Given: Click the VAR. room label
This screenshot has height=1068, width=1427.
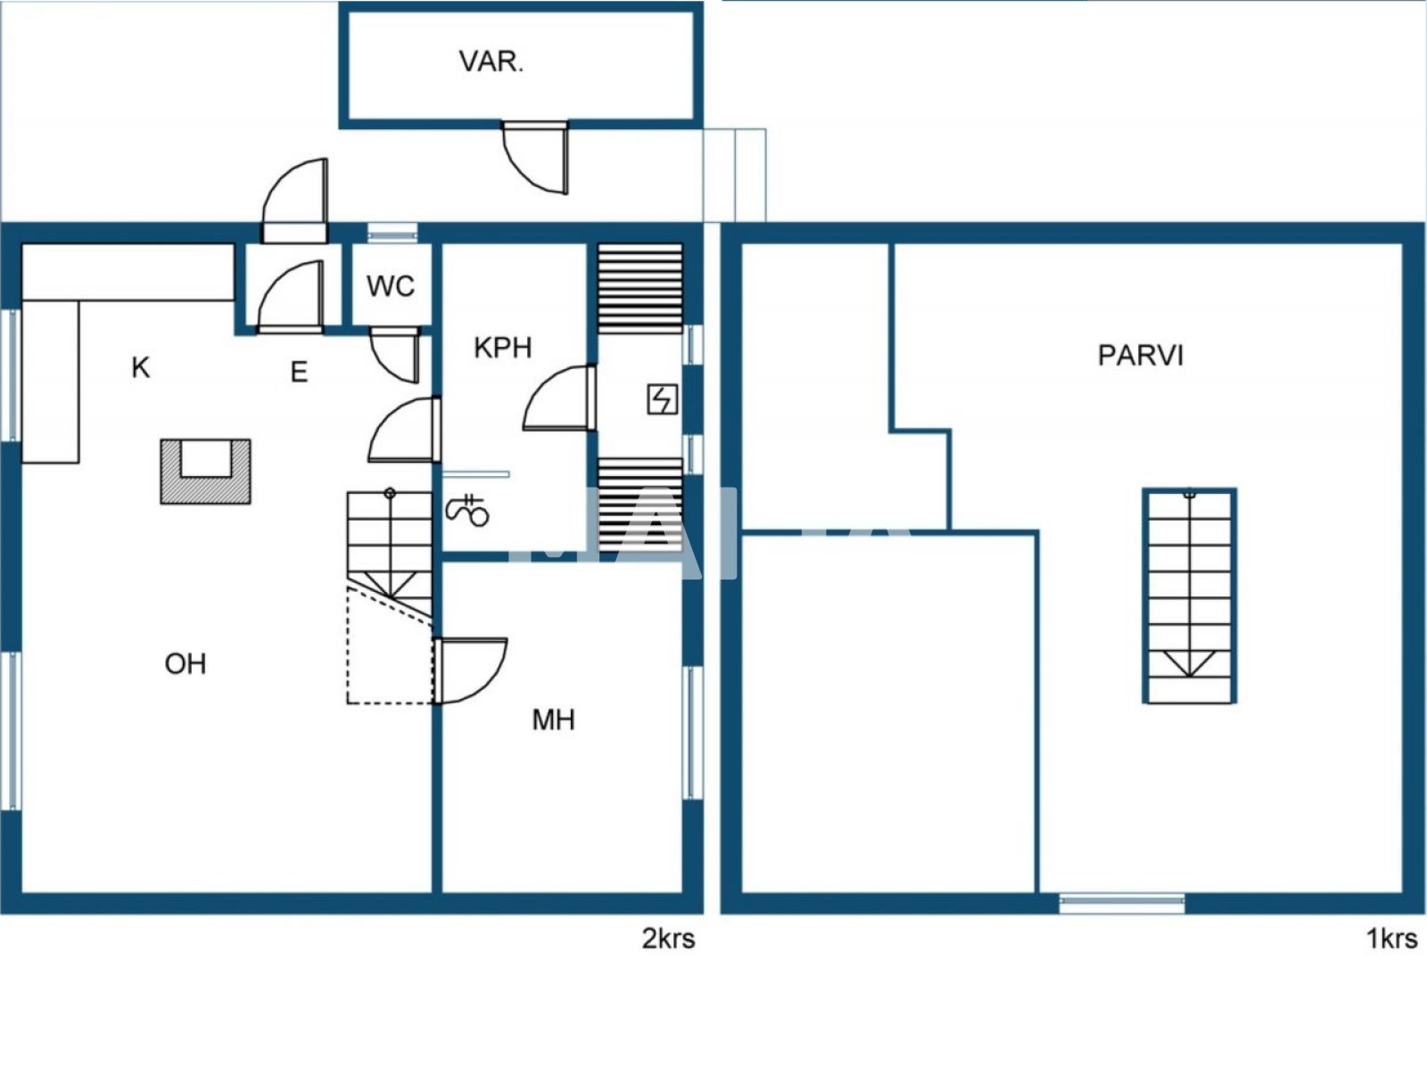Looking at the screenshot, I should (x=491, y=62).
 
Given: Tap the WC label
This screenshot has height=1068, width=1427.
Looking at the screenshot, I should (x=390, y=286).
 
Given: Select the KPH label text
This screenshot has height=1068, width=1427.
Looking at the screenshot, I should (x=502, y=348).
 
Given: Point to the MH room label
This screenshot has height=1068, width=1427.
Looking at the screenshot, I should (x=553, y=719).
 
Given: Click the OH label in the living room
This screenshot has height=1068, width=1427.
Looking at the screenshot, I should (x=186, y=663).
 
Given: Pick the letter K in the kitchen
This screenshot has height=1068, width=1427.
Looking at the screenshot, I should (x=140, y=367).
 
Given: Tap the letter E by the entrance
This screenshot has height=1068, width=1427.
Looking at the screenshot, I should (x=299, y=372).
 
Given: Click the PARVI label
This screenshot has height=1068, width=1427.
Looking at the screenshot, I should (x=1140, y=356).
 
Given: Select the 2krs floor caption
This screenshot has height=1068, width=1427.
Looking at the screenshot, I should (x=668, y=938).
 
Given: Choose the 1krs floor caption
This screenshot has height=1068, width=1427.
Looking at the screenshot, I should (x=1391, y=938).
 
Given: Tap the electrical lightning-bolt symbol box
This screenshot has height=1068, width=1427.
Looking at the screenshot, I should (x=662, y=398).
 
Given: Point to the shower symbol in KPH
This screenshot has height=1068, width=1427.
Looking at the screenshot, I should (x=467, y=510).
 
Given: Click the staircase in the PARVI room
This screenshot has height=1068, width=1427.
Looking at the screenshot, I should (x=1189, y=596).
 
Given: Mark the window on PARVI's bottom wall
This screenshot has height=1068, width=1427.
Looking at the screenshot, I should (x=1122, y=903).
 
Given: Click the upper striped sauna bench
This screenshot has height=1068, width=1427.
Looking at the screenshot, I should (x=639, y=287).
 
